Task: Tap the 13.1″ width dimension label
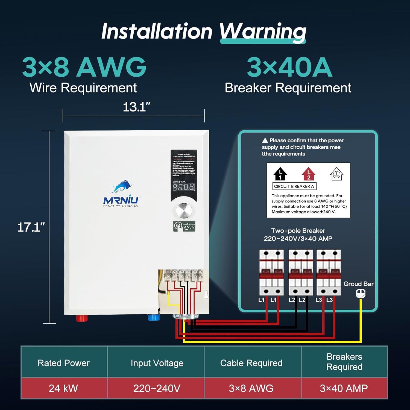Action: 136,107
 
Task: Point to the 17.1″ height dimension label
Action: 31,227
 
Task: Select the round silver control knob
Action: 184,211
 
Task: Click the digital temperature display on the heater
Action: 184,187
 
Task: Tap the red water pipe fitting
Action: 82,318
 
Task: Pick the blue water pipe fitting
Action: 153,318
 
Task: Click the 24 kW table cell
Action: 63,388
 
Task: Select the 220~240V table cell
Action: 157,388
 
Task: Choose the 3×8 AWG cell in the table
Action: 251,388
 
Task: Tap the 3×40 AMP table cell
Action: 344,388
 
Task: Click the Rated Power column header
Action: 64,363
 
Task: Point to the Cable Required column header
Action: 251,363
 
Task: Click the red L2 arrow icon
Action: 308,174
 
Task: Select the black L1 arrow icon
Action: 280,174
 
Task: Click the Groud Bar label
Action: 358,284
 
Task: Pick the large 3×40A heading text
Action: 289,67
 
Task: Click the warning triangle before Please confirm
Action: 265,140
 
